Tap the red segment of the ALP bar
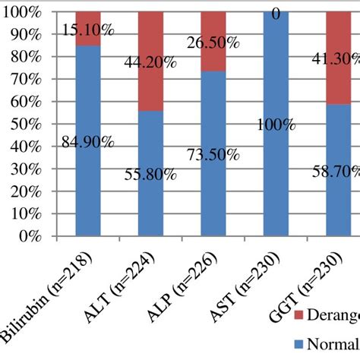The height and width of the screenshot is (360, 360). [213, 41]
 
